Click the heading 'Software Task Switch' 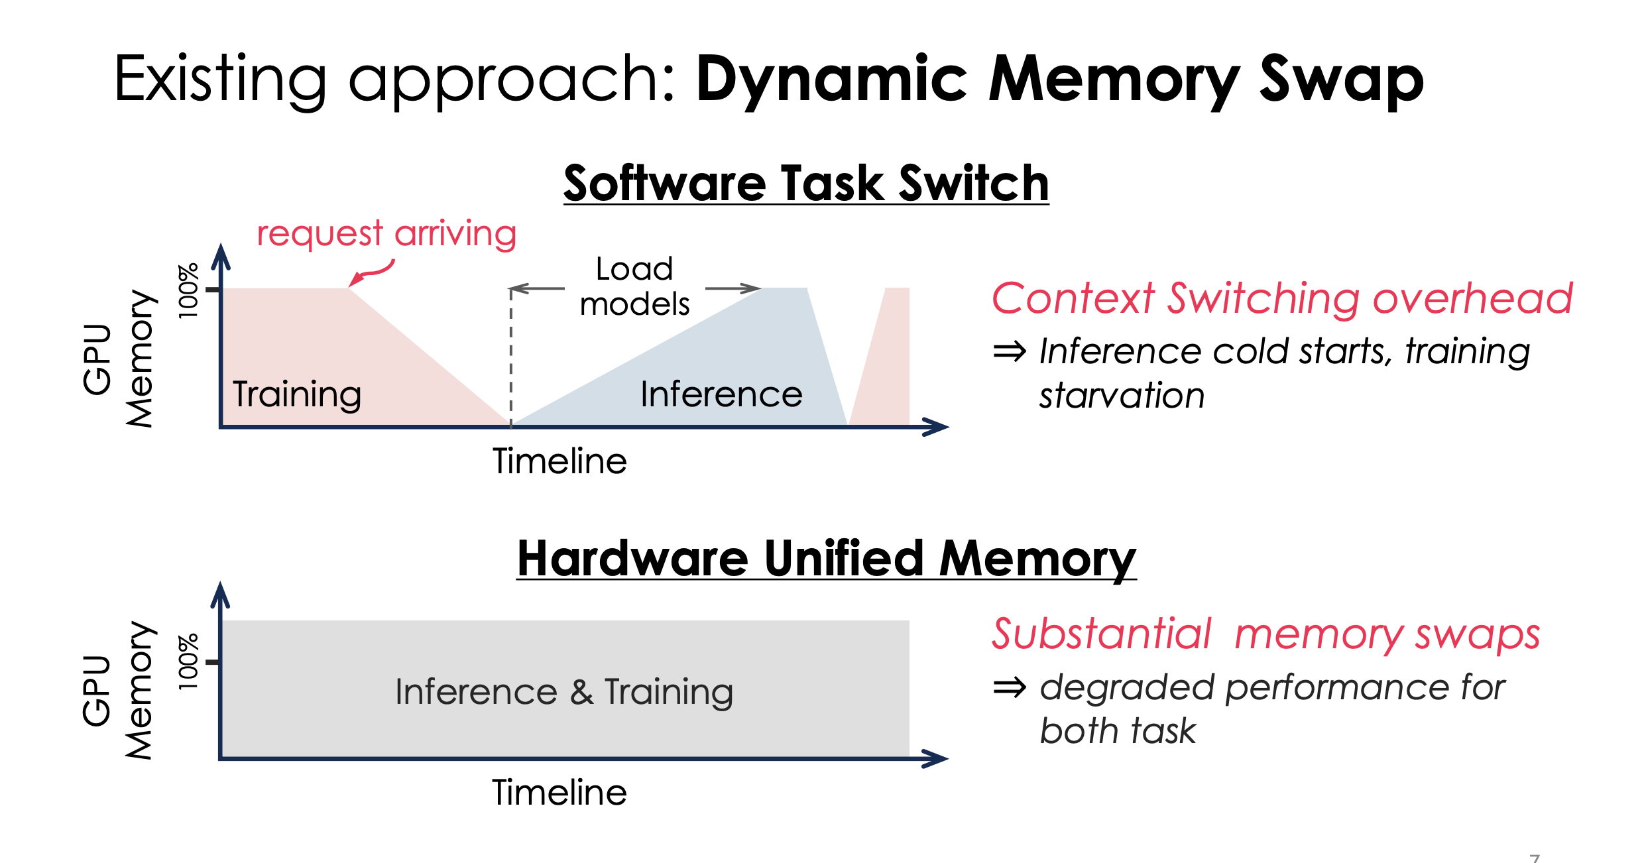click(805, 184)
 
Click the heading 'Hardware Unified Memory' click(826, 559)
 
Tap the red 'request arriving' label click(386, 233)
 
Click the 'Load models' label click(634, 286)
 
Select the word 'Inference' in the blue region click(721, 394)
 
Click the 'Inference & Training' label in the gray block click(564, 691)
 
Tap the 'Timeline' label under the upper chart click(559, 461)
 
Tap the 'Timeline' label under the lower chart click(559, 793)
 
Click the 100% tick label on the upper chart click(188, 290)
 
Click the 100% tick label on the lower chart click(188, 662)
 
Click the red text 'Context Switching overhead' click(1281, 298)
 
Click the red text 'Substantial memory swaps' click(1265, 634)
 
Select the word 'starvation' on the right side click(1122, 396)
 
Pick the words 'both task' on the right click(1118, 731)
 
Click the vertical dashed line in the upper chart click(511, 358)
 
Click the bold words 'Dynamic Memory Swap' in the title click(1059, 80)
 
